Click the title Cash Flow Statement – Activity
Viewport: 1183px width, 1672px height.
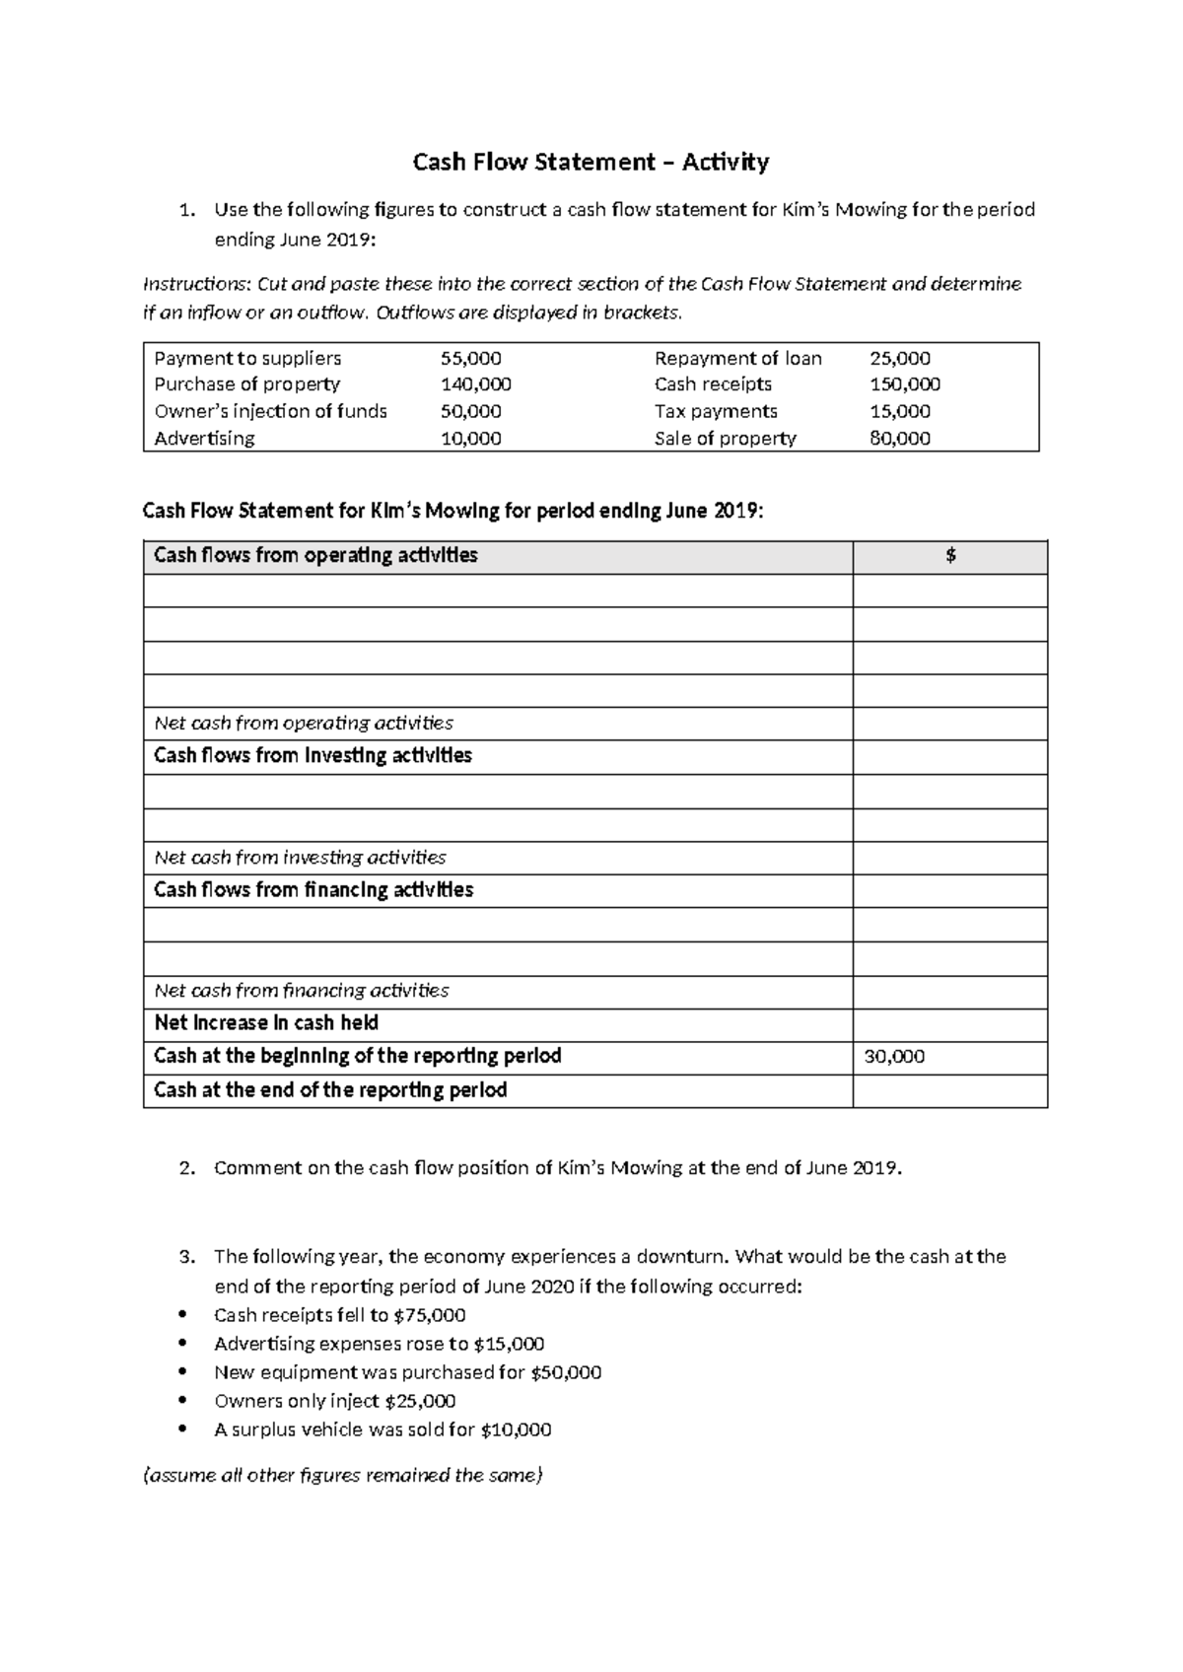pyautogui.click(x=591, y=162)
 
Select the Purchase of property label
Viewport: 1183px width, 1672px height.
pyautogui.click(x=246, y=384)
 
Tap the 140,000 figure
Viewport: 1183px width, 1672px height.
pyautogui.click(x=475, y=384)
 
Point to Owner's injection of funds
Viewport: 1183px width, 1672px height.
pyautogui.click(x=270, y=411)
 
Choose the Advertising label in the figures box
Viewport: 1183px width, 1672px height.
pyautogui.click(x=204, y=438)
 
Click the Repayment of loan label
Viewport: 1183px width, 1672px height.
pyautogui.click(x=737, y=358)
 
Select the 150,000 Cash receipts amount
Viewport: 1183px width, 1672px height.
pyautogui.click(x=904, y=384)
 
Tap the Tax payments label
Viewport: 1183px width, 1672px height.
pyautogui.click(x=716, y=411)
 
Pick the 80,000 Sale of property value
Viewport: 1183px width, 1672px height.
pyautogui.click(x=899, y=438)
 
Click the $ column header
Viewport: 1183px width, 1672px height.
pyautogui.click(x=949, y=556)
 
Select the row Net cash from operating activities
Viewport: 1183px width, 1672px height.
pyautogui.click(x=304, y=724)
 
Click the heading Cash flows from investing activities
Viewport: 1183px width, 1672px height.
pyautogui.click(x=313, y=756)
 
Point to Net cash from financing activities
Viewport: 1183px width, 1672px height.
pyautogui.click(x=302, y=991)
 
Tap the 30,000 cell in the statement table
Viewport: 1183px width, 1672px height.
pyautogui.click(x=894, y=1057)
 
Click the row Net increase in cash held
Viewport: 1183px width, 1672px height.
pyautogui.click(x=266, y=1023)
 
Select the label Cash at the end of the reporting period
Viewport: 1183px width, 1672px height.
pyautogui.click(x=330, y=1090)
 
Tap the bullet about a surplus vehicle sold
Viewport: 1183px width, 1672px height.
pyautogui.click(x=383, y=1429)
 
